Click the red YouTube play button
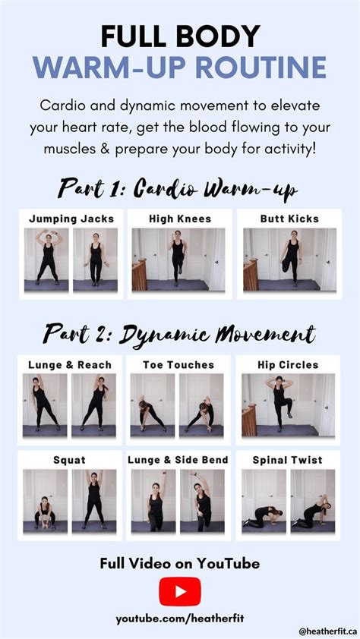point(180,591)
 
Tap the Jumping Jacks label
point(71,219)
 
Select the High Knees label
point(180,219)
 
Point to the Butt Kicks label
point(289,219)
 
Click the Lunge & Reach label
point(70,365)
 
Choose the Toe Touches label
point(178,365)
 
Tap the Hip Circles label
point(288,365)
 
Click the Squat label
point(69,461)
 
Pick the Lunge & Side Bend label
point(178,460)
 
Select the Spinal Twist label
point(287,460)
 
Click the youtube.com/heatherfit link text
point(180,619)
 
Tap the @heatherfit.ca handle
point(328,631)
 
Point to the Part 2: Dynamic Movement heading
point(179,335)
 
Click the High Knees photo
point(178,260)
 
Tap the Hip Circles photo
point(289,405)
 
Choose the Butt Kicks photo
point(290,260)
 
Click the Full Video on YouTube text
point(180,564)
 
